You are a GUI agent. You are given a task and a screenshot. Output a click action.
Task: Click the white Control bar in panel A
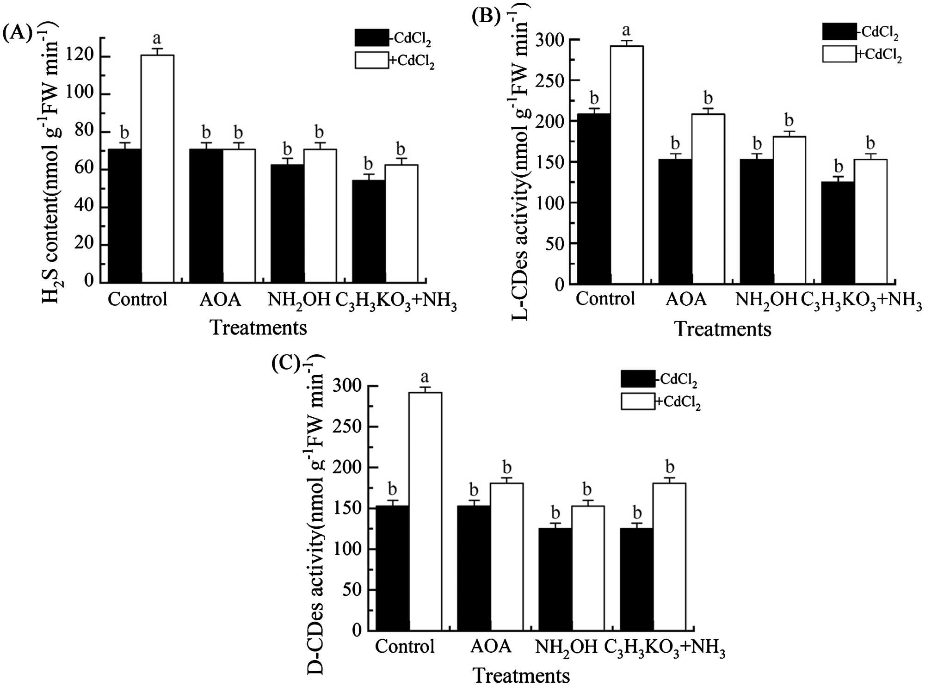[x=157, y=169]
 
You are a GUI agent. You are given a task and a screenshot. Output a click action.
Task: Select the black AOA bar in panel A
[x=206, y=216]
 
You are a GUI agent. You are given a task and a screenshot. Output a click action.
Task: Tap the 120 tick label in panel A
[x=80, y=56]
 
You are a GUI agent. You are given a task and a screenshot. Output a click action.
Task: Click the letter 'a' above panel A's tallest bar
[x=157, y=38]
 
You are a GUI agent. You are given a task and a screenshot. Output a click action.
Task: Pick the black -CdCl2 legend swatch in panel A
[x=371, y=38]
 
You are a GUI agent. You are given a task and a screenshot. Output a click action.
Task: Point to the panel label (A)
[x=18, y=33]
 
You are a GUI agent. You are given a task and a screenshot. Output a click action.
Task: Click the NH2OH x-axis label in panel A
[x=299, y=300]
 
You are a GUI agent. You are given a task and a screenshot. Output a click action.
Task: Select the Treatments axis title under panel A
[x=258, y=328]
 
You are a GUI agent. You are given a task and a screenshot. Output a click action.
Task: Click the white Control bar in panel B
[x=627, y=165]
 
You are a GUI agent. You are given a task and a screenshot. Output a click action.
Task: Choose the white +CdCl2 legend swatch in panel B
[x=839, y=54]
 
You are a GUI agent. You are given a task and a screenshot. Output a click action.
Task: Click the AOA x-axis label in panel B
[x=686, y=299]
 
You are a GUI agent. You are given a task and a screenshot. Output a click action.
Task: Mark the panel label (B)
[x=486, y=17]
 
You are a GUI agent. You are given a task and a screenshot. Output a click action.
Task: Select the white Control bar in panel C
[x=425, y=511]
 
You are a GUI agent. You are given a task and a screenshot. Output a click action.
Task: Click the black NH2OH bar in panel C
[x=555, y=579]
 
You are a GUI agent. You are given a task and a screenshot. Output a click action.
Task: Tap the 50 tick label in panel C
[x=352, y=590]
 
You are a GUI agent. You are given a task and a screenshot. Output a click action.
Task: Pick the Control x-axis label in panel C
[x=405, y=647]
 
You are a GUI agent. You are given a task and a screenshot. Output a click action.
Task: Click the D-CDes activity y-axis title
[x=316, y=513]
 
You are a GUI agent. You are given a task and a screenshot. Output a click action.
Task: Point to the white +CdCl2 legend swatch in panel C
[x=638, y=401]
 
